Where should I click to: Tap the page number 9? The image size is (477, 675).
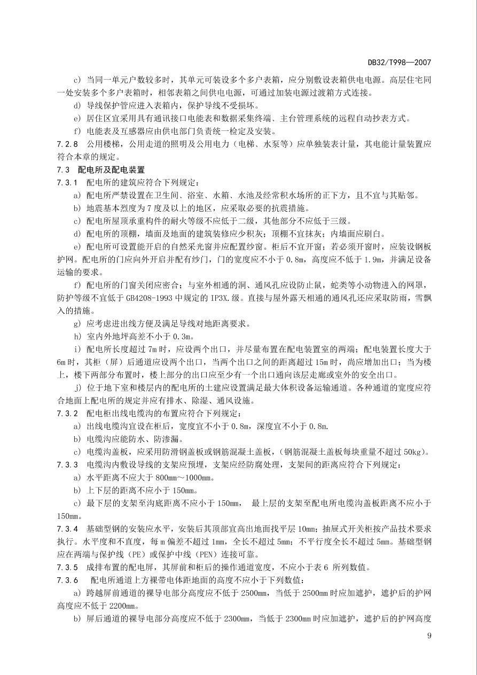click(429, 635)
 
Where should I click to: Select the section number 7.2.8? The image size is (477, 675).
click(67, 144)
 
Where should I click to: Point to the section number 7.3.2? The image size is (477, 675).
click(67, 413)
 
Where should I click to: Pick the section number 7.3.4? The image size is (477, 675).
click(67, 529)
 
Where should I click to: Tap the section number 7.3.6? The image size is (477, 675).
click(67, 580)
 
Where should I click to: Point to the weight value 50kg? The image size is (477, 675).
click(415, 452)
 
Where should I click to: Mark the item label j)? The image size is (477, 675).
click(78, 387)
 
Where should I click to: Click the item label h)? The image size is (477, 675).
click(78, 336)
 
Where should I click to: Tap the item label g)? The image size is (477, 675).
click(78, 323)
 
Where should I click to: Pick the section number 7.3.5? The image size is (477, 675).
click(67, 567)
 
